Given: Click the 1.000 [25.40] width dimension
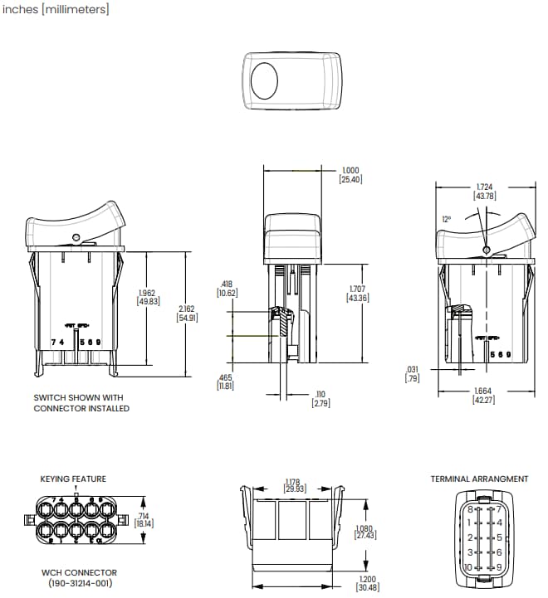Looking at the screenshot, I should (x=351, y=175).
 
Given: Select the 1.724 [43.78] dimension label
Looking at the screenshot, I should (x=485, y=192).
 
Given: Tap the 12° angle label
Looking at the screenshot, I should (x=448, y=219).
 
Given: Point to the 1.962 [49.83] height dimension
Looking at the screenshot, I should (x=149, y=297).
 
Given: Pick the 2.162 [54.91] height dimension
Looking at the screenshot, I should (x=189, y=313).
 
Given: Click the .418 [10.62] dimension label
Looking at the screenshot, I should (x=227, y=288).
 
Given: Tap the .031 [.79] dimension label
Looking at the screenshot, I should (x=411, y=373).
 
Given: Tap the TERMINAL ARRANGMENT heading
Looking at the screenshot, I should (x=479, y=479).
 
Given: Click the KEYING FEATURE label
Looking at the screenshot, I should (x=73, y=479).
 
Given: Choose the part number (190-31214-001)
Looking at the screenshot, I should (x=79, y=583).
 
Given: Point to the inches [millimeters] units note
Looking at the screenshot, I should (x=56, y=9).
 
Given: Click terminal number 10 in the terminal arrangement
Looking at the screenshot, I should (x=469, y=566).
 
